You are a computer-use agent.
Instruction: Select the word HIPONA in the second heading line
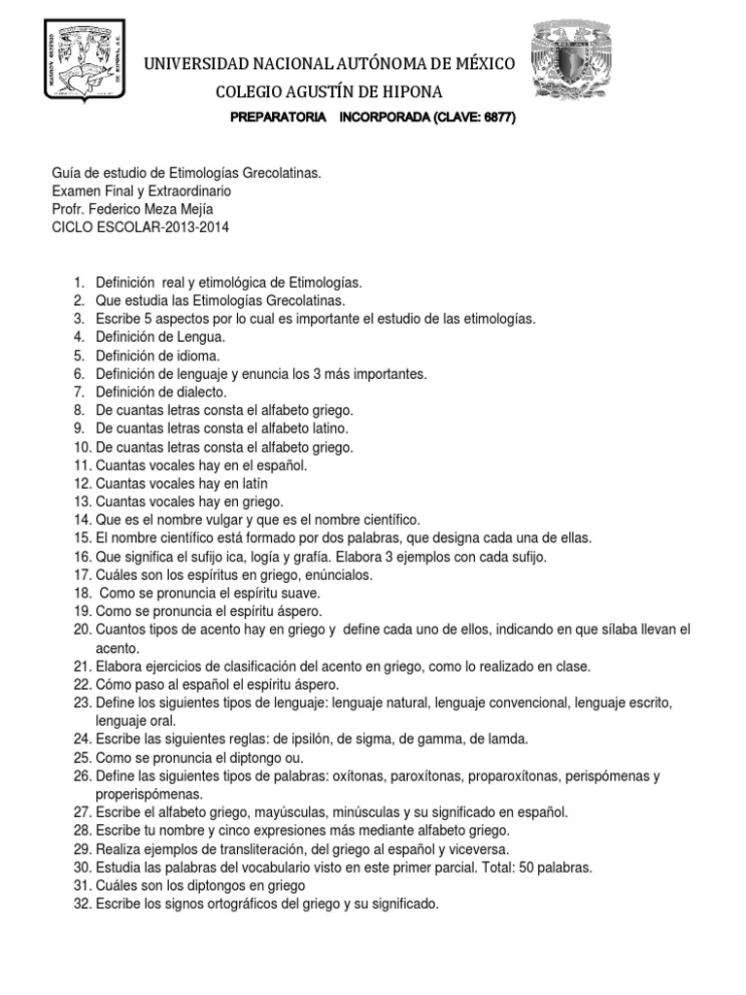(x=401, y=92)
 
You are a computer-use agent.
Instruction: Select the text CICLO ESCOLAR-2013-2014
(x=142, y=227)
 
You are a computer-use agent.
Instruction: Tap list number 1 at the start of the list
(x=79, y=282)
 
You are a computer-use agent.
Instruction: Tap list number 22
(x=81, y=684)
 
